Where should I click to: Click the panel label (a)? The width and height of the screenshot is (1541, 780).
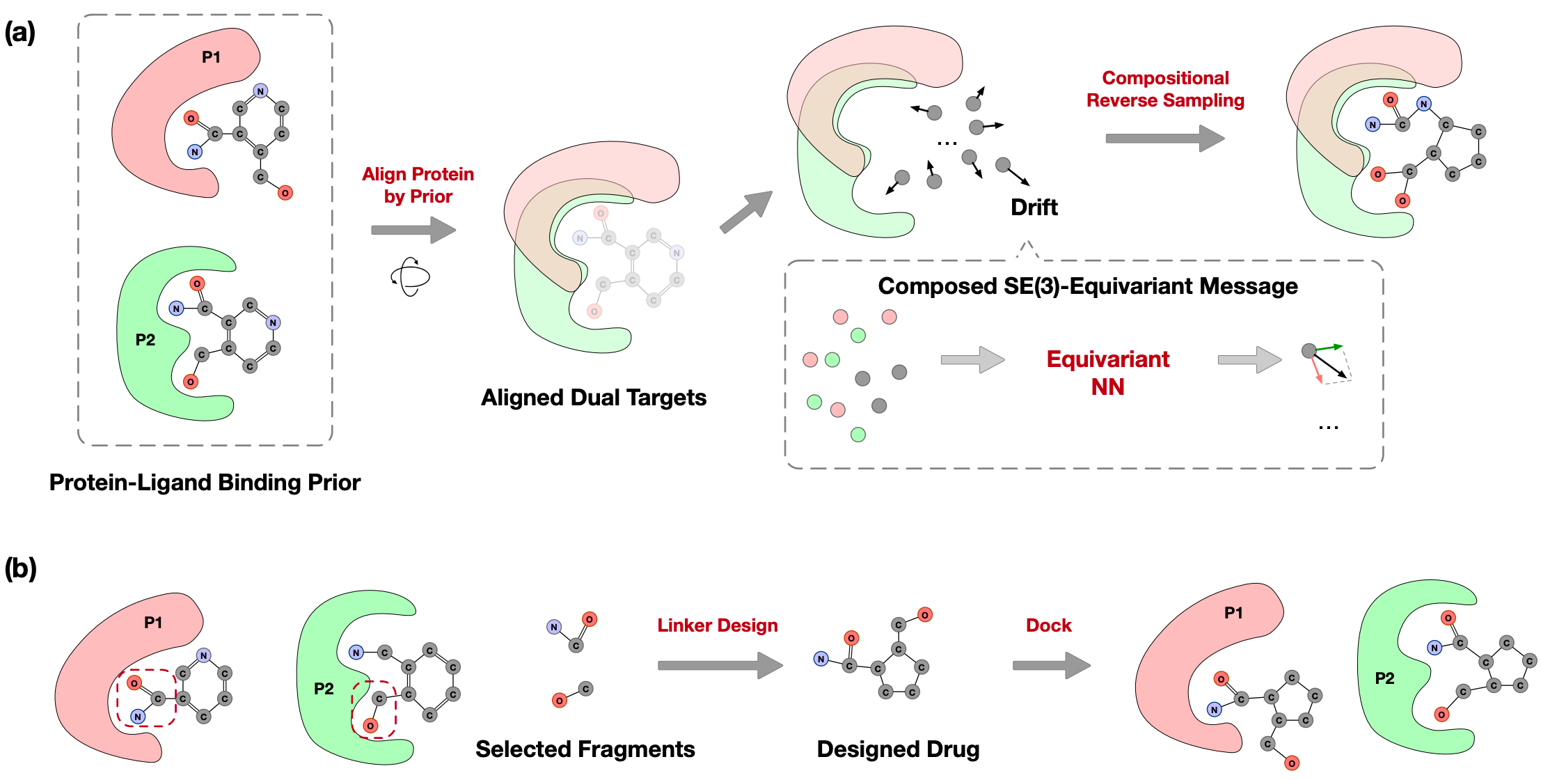[19, 33]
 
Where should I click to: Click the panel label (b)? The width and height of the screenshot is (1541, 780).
[19, 568]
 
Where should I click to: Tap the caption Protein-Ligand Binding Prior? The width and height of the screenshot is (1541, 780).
[205, 483]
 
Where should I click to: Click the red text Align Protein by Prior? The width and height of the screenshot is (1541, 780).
[418, 185]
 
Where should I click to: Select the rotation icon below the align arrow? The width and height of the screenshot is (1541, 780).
[411, 277]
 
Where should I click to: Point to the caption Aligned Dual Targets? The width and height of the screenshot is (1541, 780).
[593, 398]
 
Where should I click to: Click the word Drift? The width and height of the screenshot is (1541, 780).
[1034, 208]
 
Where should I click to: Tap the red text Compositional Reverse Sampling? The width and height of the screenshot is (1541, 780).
[1165, 89]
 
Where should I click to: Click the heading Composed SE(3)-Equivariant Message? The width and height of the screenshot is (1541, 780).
[1087, 286]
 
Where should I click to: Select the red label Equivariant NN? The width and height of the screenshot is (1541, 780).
[1107, 373]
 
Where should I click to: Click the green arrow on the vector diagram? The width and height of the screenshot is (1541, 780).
[1329, 347]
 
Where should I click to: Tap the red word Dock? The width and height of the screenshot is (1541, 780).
[1048, 625]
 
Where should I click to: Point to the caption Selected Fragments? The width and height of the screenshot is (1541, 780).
[585, 749]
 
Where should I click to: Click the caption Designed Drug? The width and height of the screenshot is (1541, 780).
[898, 749]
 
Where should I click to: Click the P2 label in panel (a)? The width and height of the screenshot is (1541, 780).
[145, 340]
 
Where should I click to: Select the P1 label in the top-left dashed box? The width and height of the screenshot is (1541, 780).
[211, 57]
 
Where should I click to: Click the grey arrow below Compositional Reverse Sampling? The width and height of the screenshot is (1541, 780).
[1164, 138]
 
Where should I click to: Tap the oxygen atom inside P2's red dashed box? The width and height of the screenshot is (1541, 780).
[370, 726]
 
